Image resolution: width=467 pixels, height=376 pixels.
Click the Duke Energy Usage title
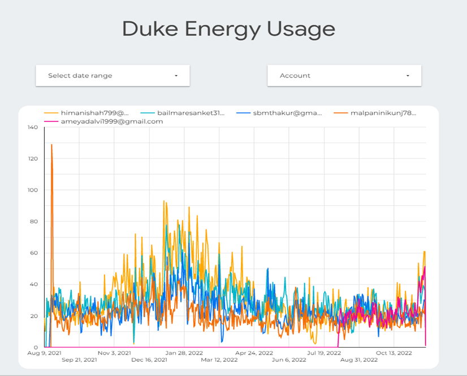pos(228,29)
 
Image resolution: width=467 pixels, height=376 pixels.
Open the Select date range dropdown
pos(113,75)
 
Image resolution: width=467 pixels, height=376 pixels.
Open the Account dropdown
pos(344,75)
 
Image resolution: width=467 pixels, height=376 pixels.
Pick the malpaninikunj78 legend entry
pos(383,113)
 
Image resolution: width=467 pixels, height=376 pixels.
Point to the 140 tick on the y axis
pos(32,127)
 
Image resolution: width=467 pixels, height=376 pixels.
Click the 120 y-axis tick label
pos(32,159)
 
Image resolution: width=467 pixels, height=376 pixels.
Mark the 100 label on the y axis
pos(32,190)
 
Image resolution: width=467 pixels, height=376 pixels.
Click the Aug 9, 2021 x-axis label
pos(44,353)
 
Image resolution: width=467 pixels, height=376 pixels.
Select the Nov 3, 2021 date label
pos(114,353)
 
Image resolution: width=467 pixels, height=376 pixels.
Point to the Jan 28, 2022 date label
pos(184,353)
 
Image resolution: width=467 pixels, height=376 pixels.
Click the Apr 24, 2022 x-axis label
pos(254,353)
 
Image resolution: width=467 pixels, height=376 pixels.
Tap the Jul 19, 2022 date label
pos(324,353)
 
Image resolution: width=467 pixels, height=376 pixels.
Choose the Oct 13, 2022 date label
pos(394,353)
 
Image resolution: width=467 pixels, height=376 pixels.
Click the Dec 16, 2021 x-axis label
pos(149,360)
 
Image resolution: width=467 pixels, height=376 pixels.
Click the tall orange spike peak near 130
pos(51,145)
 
